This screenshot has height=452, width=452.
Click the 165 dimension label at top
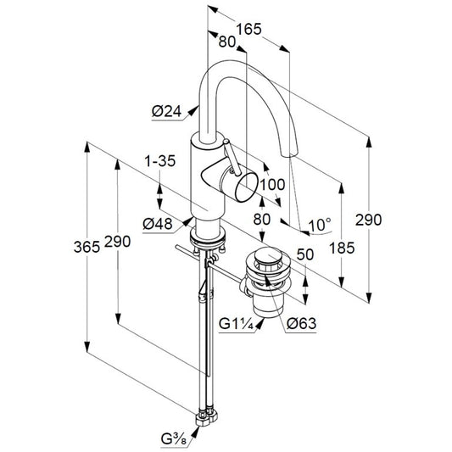pos(248,29)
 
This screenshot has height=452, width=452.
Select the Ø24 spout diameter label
pos(167,112)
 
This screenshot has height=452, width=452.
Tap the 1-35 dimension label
pos(160,161)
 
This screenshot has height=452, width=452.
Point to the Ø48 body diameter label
pos(158,224)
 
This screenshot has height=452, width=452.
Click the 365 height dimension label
pos(86,247)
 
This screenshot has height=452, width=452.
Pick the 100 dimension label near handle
pos(272,185)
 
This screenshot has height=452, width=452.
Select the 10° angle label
pos(320,225)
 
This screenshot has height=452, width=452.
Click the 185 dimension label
pos(342,248)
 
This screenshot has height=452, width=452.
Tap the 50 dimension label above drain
pos(305,254)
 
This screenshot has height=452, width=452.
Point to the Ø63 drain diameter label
pos(302,323)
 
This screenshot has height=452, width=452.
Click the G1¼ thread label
pos(236,324)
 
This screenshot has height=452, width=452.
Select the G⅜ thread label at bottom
pos(174,440)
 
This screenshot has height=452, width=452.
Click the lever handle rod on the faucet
pos(232,157)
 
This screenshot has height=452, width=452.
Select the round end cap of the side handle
pos(246,187)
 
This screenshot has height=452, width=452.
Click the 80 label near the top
pos(227,42)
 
